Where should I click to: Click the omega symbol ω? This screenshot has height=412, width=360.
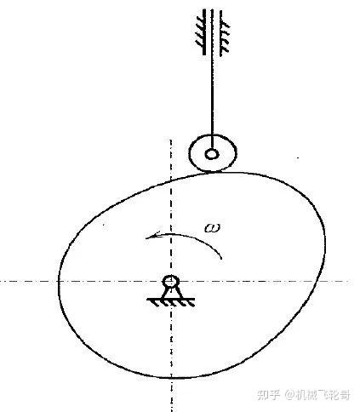[x=213, y=227]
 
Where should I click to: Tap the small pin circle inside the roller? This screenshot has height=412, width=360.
[x=212, y=155]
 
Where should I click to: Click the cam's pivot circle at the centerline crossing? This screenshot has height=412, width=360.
[x=171, y=282]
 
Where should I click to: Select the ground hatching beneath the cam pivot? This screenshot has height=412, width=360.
[x=171, y=302]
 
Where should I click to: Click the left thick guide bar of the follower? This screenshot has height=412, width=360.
[x=204, y=31]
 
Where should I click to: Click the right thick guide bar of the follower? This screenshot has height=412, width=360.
[x=221, y=31]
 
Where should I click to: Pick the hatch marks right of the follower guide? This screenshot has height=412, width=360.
[x=226, y=37]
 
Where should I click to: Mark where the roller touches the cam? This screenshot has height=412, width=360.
[x=212, y=172]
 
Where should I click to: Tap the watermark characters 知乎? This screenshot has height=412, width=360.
[x=268, y=395]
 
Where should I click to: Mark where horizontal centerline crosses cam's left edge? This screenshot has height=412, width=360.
[x=59, y=282]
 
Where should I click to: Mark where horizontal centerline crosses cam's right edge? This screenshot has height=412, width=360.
[x=317, y=282]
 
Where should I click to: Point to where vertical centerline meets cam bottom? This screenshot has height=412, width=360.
[x=171, y=378]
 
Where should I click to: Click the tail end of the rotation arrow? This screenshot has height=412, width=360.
[x=221, y=259]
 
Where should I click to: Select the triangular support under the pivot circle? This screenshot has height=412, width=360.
[x=171, y=293]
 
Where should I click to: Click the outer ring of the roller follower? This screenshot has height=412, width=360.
[x=189, y=155]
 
